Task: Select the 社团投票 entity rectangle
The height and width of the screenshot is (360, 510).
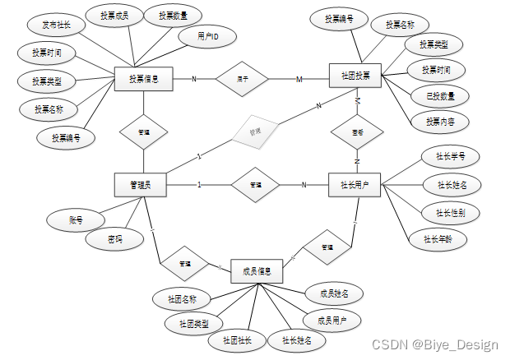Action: click(355, 76)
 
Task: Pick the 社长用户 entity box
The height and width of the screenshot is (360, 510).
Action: click(355, 186)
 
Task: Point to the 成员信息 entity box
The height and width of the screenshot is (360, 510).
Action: click(257, 270)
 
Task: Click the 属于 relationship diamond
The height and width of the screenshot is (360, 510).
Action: click(243, 79)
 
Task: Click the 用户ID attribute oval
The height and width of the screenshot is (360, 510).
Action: click(206, 37)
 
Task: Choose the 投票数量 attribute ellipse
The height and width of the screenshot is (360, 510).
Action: click(167, 16)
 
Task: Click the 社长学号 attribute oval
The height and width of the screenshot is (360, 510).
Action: click(445, 155)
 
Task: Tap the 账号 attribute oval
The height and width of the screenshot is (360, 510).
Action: click(75, 219)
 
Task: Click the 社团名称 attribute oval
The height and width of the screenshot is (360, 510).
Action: click(181, 298)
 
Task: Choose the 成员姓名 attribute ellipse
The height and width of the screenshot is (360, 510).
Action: click(333, 293)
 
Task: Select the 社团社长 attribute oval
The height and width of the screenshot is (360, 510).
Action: click(237, 339)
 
